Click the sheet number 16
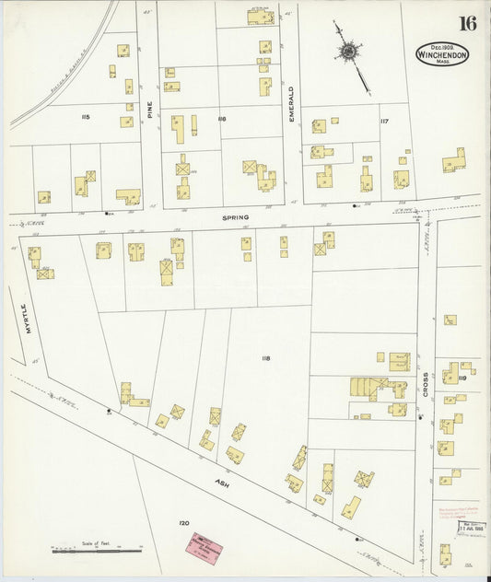(x=468, y=23)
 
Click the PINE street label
(x=147, y=119)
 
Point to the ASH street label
(x=222, y=482)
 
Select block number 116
(x=221, y=120)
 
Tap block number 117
(x=384, y=121)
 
